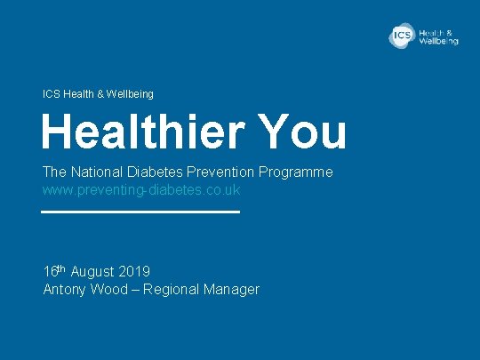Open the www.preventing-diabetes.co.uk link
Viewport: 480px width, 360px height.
[141, 190]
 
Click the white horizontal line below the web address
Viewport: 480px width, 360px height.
[141, 212]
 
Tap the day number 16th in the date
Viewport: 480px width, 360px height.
[55, 270]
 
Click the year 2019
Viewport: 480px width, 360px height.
[134, 271]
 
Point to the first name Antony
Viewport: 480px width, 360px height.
[65, 289]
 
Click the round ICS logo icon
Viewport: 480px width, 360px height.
[403, 36]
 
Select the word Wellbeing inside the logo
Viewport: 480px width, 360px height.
[439, 41]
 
